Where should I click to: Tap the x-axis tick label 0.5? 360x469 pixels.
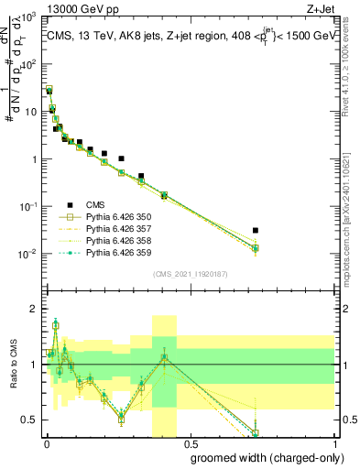click(189, 443)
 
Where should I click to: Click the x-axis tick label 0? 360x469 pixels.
click(46, 443)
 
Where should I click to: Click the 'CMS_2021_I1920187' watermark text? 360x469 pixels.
click(190, 274)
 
